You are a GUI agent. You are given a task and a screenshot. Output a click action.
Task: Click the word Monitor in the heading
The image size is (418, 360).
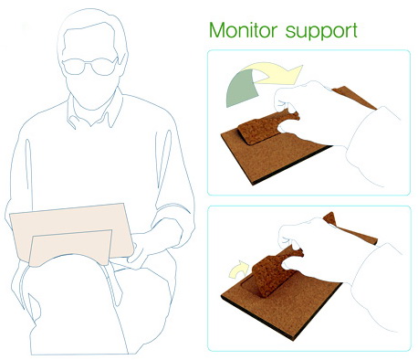243,30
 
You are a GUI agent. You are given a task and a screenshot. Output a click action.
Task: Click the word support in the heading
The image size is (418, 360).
321,32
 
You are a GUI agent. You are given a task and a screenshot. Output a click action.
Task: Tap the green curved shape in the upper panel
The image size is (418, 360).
242,88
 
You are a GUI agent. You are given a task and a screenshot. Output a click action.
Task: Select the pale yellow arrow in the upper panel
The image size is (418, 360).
274,73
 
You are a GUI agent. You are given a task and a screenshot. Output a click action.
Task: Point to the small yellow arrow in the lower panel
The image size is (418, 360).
239,270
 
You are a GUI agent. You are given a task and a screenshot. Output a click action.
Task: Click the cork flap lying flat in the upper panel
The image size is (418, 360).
265,128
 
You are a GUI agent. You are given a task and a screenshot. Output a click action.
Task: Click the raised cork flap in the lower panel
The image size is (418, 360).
274,271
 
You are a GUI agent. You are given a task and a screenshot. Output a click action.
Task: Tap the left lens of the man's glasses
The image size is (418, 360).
74,67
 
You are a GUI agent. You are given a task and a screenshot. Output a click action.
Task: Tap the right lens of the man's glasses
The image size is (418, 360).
103,67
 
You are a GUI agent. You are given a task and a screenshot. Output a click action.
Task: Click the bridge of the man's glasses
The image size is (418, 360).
89,63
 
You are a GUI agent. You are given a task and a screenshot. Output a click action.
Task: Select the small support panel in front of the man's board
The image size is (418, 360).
70,248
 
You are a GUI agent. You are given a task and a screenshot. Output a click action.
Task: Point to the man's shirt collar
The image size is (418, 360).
91,112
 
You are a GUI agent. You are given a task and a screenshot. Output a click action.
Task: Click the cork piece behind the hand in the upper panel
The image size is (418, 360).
354,98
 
